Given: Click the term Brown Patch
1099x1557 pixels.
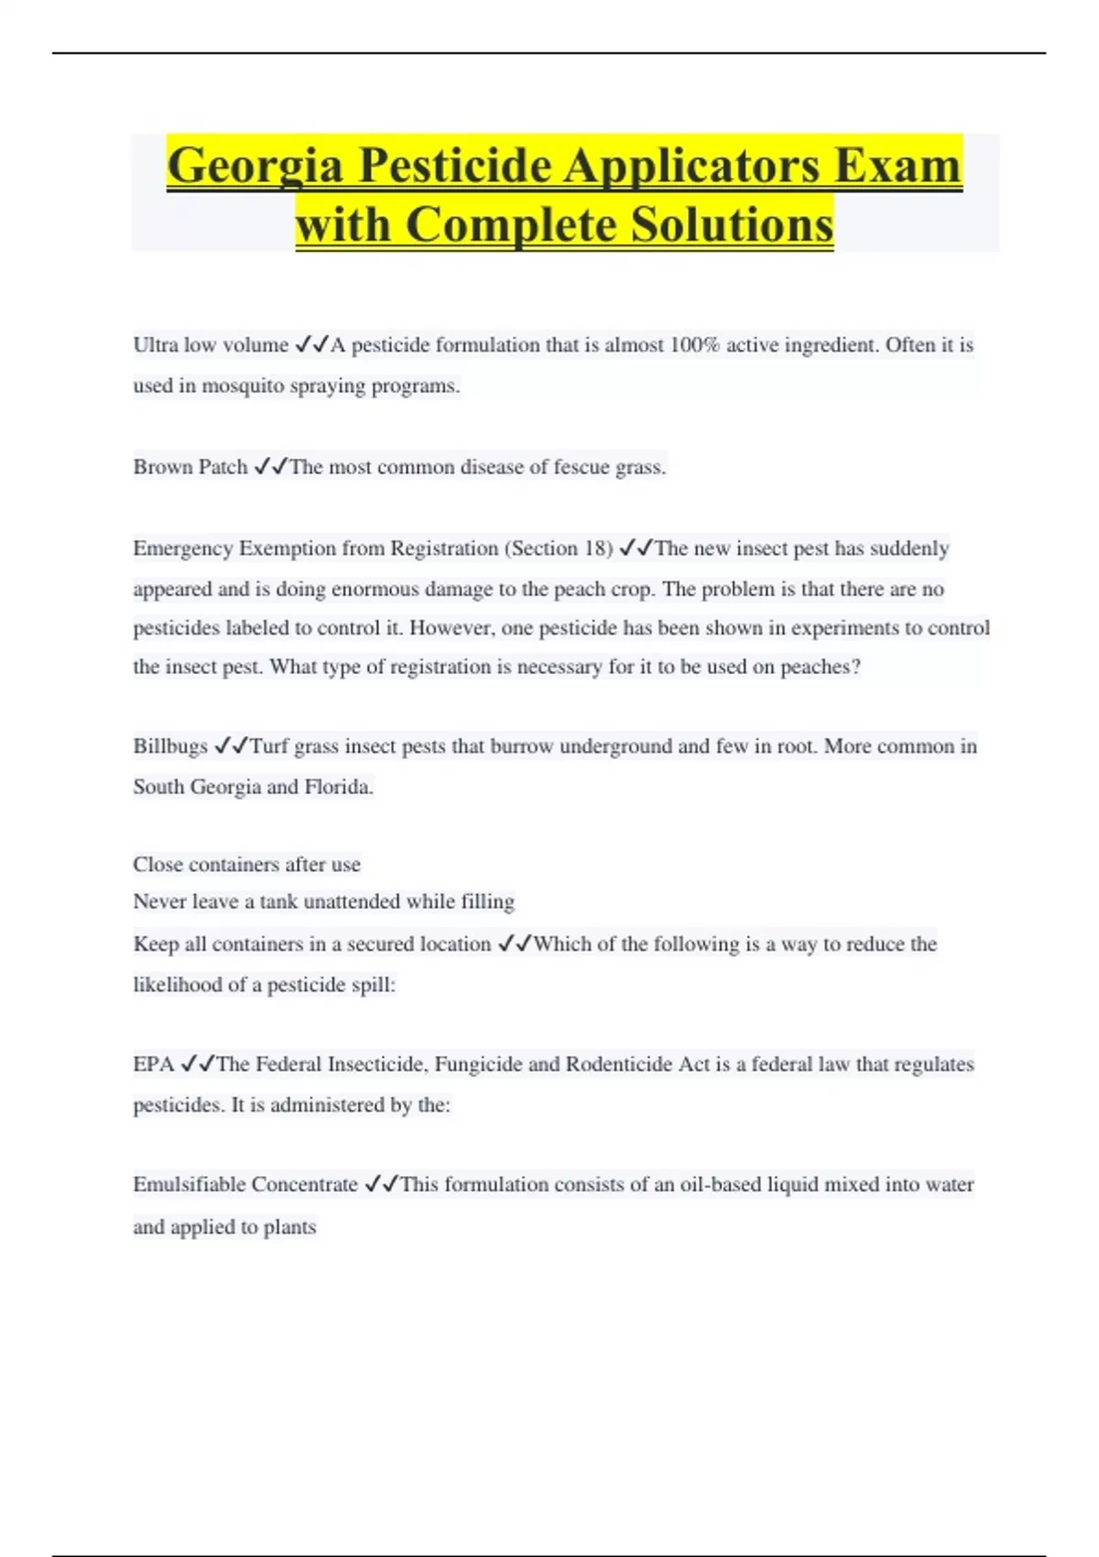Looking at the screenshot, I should click(190, 467).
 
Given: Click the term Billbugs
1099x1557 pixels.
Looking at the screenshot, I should click(170, 746).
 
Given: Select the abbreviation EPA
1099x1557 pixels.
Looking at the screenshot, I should click(153, 1064).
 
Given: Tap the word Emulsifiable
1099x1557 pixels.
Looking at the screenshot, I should click(188, 1184).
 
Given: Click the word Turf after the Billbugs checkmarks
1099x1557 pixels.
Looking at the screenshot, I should click(269, 746).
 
